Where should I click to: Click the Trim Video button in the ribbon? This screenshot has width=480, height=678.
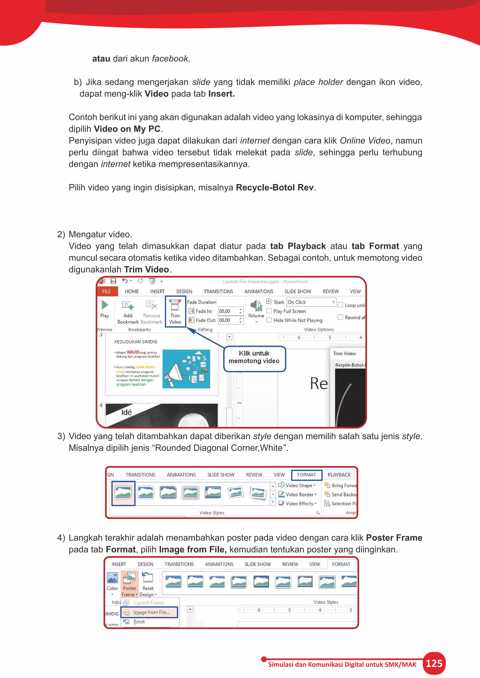pyautogui.click(x=175, y=312)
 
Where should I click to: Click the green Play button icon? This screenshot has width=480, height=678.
pyautogui.click(x=105, y=305)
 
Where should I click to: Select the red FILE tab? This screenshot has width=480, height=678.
pyautogui.click(x=106, y=291)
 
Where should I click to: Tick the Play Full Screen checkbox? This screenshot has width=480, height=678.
pyautogui.click(x=269, y=311)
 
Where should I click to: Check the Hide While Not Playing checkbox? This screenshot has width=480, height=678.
pyautogui.click(x=269, y=320)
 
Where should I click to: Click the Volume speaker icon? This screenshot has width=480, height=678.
pyautogui.click(x=256, y=306)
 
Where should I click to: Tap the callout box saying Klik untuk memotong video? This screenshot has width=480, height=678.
pyautogui.click(x=254, y=357)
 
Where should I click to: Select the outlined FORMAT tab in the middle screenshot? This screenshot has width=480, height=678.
pyautogui.click(x=307, y=475)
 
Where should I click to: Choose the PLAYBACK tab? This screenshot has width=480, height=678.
pyautogui.click(x=339, y=475)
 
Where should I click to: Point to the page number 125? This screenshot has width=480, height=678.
pyautogui.click(x=434, y=663)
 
